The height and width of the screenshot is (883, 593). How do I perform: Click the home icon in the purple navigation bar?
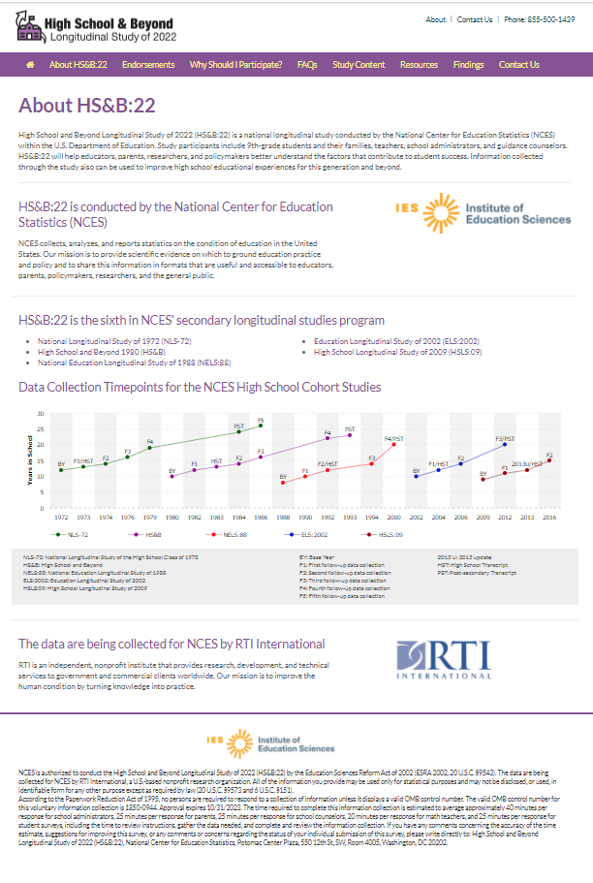click(30, 65)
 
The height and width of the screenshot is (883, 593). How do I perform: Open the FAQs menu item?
click(307, 65)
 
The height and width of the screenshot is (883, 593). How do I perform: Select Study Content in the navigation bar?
click(359, 65)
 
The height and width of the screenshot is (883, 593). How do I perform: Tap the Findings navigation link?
click(468, 65)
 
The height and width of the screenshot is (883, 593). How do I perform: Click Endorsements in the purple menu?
click(148, 65)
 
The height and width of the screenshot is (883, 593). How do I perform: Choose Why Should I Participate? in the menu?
click(235, 65)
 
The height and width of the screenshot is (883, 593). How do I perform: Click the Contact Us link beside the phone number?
click(475, 19)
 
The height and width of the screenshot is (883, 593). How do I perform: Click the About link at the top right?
click(436, 19)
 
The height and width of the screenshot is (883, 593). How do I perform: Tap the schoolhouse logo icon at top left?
click(30, 28)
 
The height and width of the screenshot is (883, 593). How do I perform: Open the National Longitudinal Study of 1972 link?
click(100, 341)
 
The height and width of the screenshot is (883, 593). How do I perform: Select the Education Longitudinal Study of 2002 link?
click(397, 341)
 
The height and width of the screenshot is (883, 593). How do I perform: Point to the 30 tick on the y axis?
click(41, 414)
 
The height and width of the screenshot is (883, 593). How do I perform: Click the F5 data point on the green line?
click(261, 426)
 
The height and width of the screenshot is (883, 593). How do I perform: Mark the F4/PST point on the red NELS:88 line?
click(393, 444)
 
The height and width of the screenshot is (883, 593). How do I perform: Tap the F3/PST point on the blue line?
click(505, 444)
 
